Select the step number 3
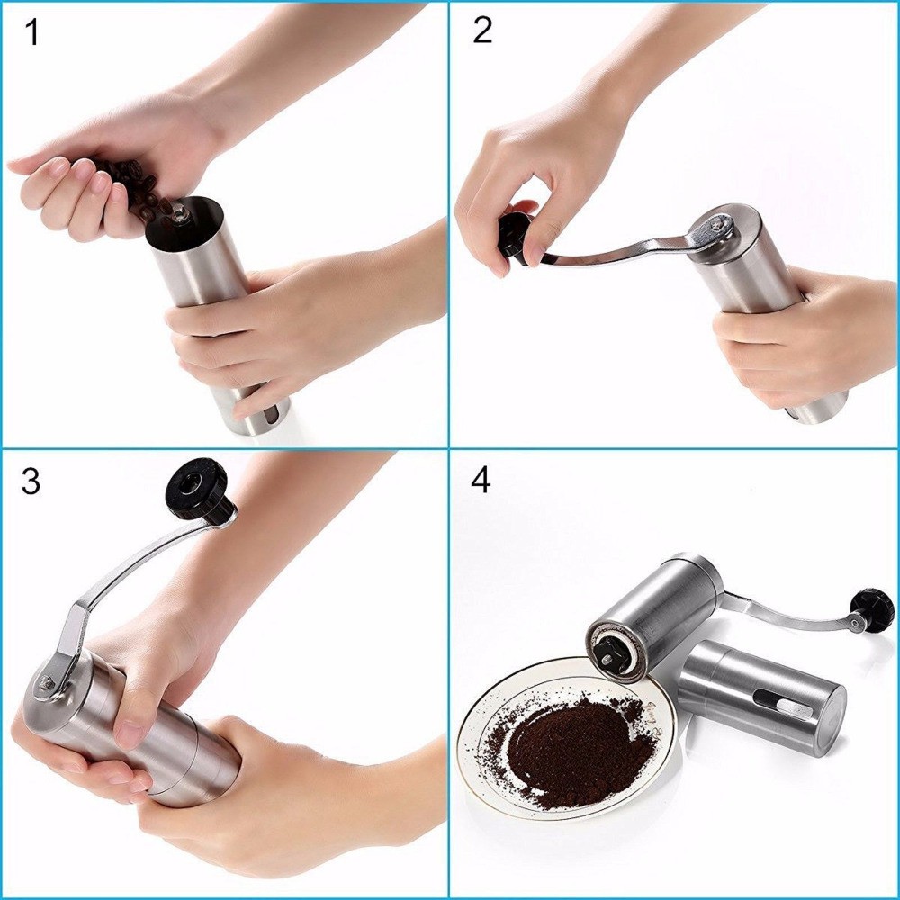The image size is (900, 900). coord(31,481)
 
